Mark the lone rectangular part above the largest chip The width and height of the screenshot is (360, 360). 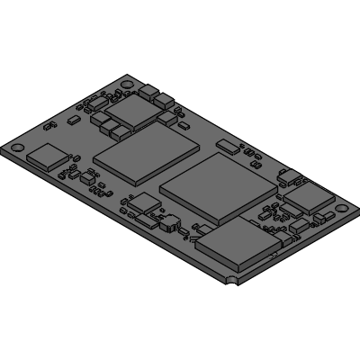point(229,145)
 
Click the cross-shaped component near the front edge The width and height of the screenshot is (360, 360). point(167,223)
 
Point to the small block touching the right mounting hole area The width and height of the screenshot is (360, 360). point(321,219)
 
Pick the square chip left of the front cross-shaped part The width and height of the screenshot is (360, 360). point(140,206)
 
